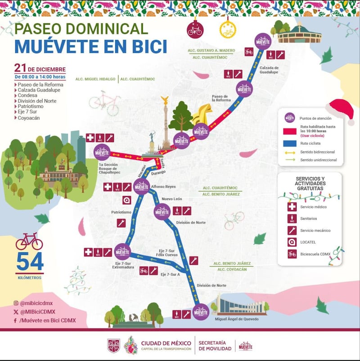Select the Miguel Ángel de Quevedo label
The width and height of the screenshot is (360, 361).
click(x=233, y=319)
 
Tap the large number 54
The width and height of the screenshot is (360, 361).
click(x=30, y=262)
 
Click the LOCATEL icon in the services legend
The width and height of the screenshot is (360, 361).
click(x=292, y=242)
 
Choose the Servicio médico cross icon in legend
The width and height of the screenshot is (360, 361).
click(x=292, y=207)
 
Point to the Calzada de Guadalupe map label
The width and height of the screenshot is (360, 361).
click(x=269, y=70)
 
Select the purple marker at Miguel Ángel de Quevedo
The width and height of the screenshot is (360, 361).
click(x=201, y=312)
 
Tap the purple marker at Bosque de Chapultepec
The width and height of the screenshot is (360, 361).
click(x=103, y=152)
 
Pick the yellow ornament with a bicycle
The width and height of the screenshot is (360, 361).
click(x=227, y=31)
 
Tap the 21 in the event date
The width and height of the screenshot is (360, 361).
click(x=20, y=68)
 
